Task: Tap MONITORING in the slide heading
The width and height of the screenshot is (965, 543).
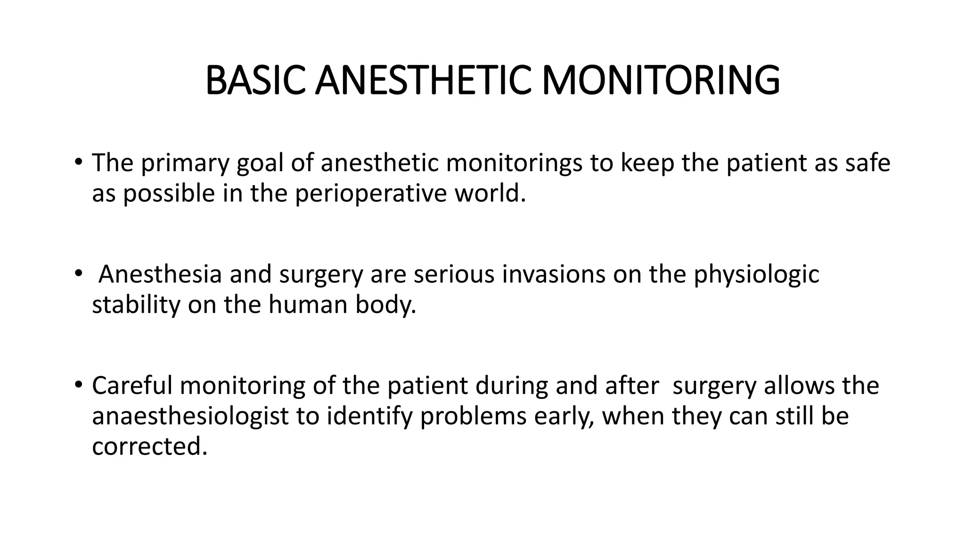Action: [x=661, y=81]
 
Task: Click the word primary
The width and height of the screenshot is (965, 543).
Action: [x=185, y=163]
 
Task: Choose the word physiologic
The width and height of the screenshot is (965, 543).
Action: [x=756, y=274]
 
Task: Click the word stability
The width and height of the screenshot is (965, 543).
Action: [x=136, y=304]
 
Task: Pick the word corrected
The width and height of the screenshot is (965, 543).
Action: [x=150, y=446]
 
